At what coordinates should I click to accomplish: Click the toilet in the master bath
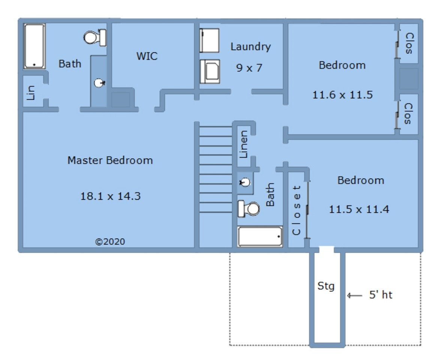[x=95, y=37]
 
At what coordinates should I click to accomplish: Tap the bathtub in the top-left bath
[x=34, y=46]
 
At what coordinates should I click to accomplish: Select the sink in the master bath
[x=99, y=83]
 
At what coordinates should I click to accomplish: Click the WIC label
[x=147, y=56]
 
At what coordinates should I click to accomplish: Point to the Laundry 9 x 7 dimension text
[x=249, y=68]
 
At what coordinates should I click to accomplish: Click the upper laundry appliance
[x=209, y=40]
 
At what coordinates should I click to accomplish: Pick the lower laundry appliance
[x=210, y=72]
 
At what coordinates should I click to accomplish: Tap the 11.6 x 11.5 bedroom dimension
[x=342, y=95]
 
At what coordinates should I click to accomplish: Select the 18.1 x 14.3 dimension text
[x=110, y=196]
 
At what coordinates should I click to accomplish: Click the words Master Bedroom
[x=110, y=160]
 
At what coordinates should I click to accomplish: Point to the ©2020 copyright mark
[x=110, y=241]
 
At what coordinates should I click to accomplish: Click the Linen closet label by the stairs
[x=244, y=144]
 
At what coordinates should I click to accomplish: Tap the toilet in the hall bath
[x=249, y=209]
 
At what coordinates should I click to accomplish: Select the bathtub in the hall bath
[x=260, y=237]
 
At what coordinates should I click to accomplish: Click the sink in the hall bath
[x=245, y=183]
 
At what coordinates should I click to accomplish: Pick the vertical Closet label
[x=296, y=210]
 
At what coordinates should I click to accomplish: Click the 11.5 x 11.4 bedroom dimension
[x=359, y=209]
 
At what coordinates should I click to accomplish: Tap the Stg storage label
[x=326, y=286]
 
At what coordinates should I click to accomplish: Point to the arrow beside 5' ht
[x=354, y=295]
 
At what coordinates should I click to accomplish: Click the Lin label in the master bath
[x=31, y=93]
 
